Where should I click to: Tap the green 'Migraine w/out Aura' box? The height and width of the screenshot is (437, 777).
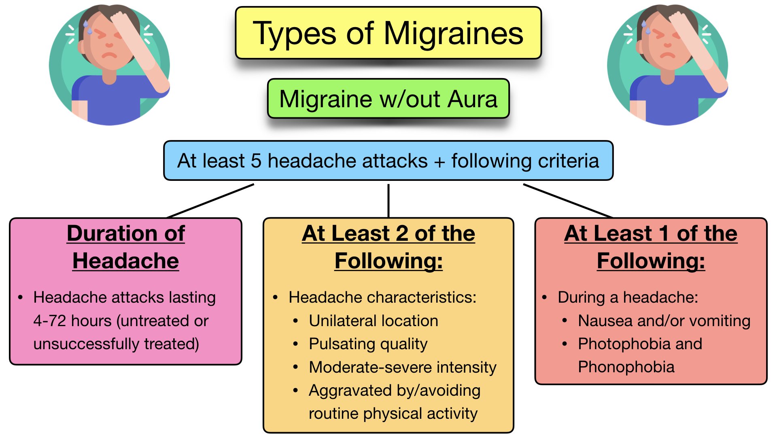388,99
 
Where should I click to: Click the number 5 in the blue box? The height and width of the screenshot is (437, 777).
256,161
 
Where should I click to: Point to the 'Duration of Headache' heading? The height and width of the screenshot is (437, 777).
125,247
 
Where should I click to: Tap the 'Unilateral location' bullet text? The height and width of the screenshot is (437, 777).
373,321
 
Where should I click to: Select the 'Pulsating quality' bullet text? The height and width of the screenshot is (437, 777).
368,344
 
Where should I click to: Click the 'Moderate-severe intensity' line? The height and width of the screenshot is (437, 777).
402,367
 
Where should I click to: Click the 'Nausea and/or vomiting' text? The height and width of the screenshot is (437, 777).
664,321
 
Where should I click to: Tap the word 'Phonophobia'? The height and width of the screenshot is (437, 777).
626,367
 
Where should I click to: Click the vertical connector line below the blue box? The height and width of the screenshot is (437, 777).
388,200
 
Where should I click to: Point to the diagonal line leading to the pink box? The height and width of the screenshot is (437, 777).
210,201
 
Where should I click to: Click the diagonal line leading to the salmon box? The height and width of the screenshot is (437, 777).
567,201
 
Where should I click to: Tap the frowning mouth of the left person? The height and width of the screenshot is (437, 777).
108,55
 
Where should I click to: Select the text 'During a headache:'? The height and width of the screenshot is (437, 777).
628,297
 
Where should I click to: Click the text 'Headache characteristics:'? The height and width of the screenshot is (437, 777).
382,297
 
